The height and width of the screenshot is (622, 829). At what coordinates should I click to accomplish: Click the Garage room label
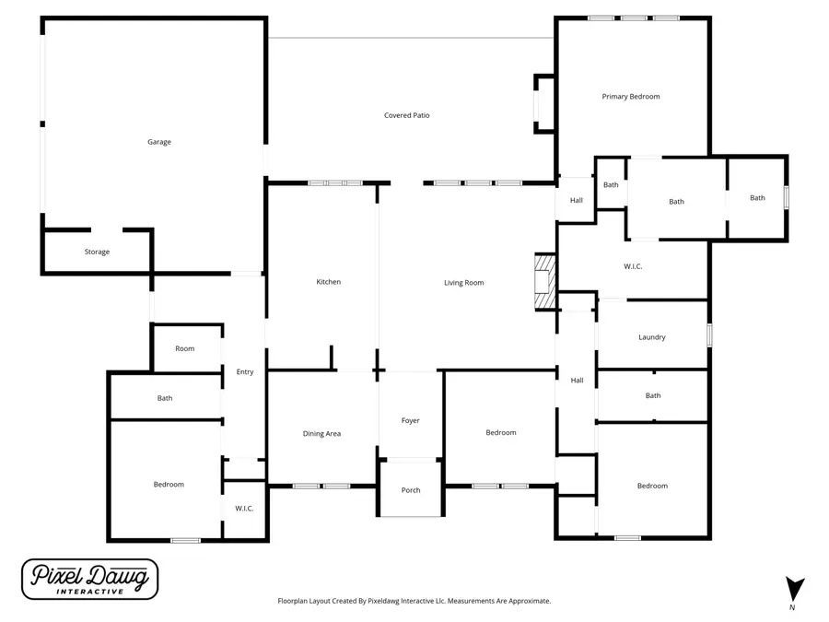(x=159, y=142)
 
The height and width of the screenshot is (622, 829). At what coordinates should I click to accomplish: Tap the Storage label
(x=97, y=252)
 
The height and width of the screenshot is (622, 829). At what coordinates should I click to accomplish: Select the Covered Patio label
(x=406, y=115)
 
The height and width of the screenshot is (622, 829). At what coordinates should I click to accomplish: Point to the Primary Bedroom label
(x=631, y=96)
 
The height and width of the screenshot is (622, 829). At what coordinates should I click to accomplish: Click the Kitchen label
(x=329, y=282)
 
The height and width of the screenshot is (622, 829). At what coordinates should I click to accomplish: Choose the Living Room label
(x=463, y=283)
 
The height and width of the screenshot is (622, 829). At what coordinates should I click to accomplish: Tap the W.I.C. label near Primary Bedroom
(x=632, y=267)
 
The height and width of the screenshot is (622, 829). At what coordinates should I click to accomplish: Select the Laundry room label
(x=651, y=337)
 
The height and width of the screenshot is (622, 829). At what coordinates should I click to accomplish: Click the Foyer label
(x=411, y=420)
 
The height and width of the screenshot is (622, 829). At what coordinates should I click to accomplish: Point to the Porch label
(x=411, y=490)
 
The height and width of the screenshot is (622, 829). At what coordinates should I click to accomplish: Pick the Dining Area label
(x=321, y=433)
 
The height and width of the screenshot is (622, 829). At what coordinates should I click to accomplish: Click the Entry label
(x=244, y=371)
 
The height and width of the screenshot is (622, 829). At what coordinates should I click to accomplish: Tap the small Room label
(x=185, y=348)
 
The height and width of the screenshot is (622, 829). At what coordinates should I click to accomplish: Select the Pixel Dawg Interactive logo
(x=89, y=580)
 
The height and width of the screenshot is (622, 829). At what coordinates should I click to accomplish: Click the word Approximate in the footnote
(x=530, y=601)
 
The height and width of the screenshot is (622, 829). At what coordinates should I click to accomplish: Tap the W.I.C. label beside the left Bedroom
(x=244, y=509)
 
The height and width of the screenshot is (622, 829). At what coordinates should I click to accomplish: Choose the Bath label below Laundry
(x=652, y=395)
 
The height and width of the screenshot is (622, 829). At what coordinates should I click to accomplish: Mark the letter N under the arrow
(x=793, y=609)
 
